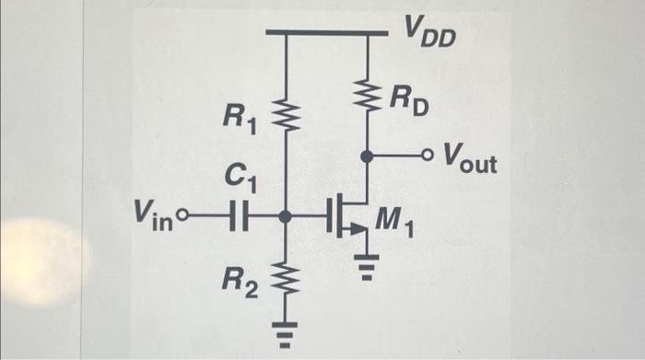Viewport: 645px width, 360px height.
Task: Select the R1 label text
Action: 241,117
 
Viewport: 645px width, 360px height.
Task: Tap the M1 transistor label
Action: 397,221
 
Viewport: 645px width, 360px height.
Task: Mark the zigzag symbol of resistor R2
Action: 286,273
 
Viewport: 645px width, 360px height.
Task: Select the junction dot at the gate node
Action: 286,218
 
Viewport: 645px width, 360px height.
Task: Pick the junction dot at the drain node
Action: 367,156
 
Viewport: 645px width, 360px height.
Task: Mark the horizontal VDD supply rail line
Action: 326,33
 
